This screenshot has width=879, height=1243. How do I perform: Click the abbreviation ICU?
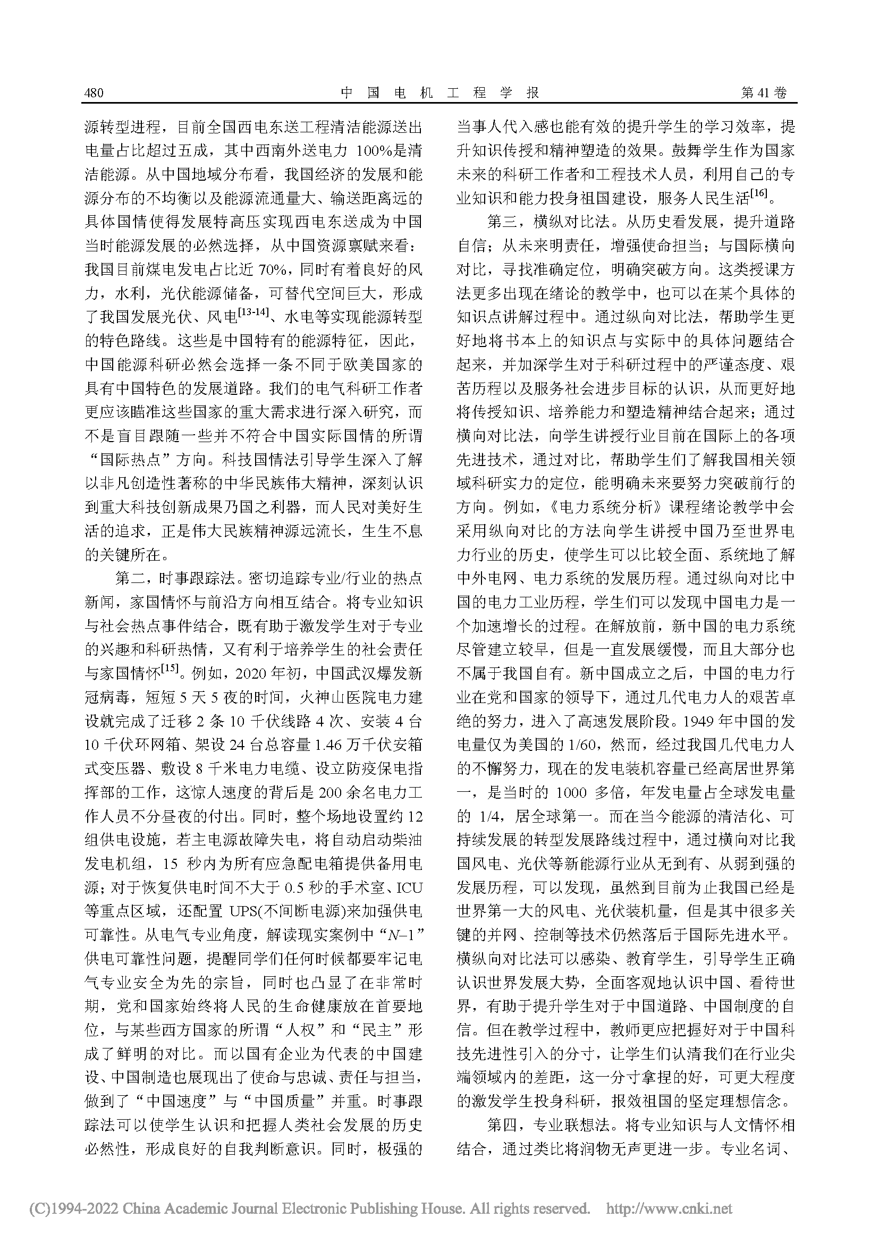click(x=410, y=889)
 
